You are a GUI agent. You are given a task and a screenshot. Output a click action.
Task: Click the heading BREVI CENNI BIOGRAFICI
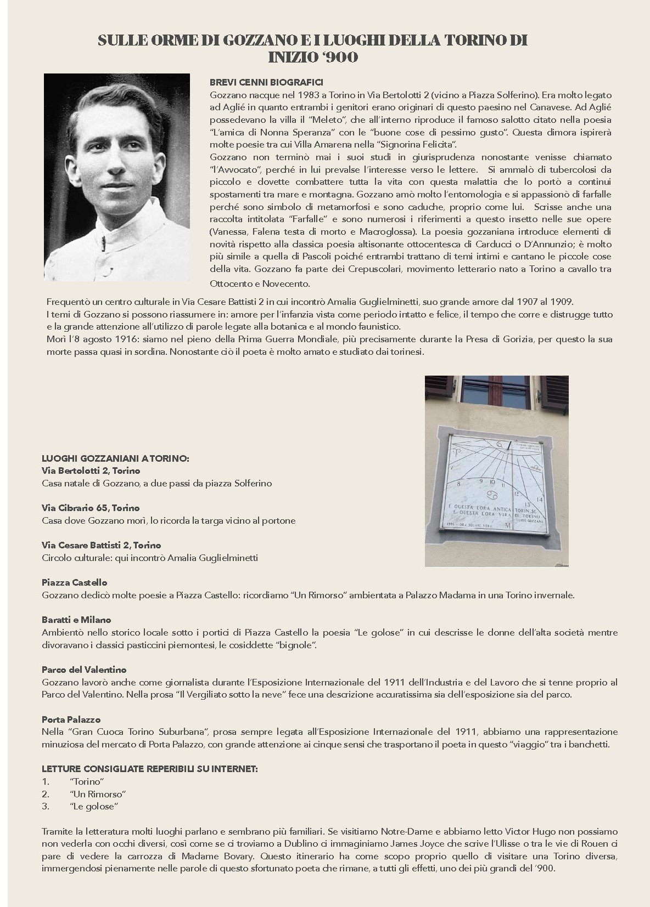click(266, 82)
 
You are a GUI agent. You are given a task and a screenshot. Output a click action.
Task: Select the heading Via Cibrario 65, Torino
click(91, 508)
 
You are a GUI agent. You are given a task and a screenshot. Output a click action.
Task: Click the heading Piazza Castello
click(75, 582)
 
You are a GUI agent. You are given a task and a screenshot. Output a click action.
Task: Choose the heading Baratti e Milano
click(76, 620)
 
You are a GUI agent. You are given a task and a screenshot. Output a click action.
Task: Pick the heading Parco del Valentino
click(84, 670)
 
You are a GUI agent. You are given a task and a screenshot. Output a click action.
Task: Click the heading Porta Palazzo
click(71, 719)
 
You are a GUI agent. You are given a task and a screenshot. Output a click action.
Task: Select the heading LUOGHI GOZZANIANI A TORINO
click(115, 458)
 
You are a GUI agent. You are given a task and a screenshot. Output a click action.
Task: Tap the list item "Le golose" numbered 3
click(94, 806)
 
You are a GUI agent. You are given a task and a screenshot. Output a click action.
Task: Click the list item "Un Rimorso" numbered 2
click(98, 794)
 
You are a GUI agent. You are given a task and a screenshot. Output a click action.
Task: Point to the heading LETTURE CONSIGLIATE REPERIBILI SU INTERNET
click(149, 769)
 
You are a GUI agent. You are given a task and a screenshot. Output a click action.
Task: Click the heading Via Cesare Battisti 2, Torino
click(102, 545)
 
